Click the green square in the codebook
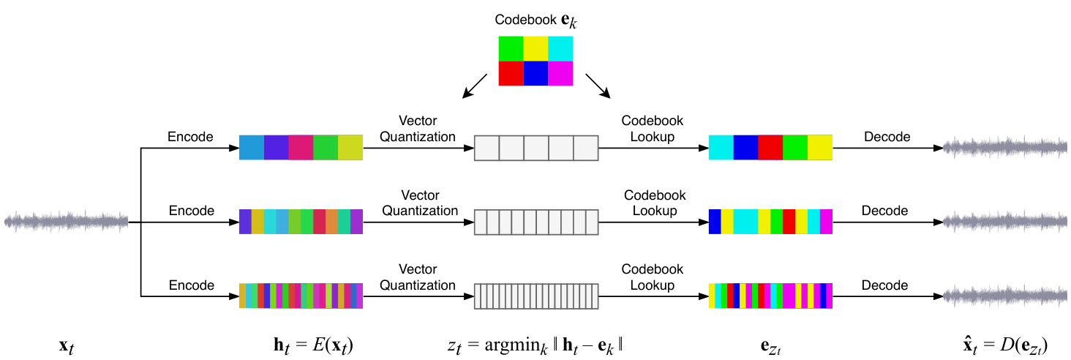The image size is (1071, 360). coord(511,49)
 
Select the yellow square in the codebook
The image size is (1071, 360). coord(535,49)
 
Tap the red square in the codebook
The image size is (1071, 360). coord(511,74)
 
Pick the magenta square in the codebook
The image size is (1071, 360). coord(560,74)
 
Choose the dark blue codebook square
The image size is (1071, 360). coord(535,74)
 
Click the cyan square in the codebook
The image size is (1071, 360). coord(560,49)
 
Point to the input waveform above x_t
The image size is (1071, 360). coord(67,220)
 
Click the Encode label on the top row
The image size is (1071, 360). coord(190,136)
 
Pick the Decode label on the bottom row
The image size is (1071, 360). coord(884,285)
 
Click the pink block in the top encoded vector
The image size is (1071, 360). coord(301,147)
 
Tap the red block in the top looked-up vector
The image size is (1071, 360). coord(770,147)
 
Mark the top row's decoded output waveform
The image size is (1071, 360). coord(1006,148)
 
